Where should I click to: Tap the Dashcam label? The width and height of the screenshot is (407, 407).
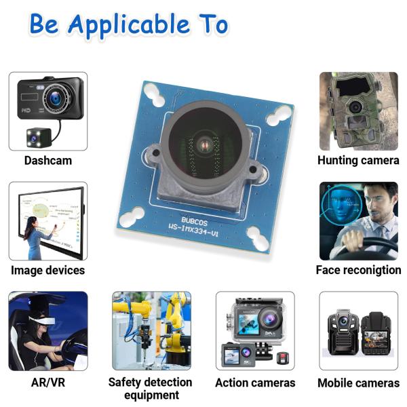click(x=47, y=161)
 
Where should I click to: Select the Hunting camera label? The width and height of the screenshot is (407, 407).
click(x=358, y=161)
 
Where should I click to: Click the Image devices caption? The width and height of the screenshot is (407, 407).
click(x=47, y=270)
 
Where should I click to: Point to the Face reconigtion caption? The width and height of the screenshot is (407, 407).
click(x=358, y=270)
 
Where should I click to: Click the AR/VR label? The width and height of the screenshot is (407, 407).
click(x=47, y=383)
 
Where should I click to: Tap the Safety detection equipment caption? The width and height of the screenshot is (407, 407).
click(x=151, y=388)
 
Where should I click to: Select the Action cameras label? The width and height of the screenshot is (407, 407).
click(x=255, y=383)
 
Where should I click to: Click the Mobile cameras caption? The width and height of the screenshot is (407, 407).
click(x=358, y=383)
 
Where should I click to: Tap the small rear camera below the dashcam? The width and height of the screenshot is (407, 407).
click(x=35, y=136)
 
